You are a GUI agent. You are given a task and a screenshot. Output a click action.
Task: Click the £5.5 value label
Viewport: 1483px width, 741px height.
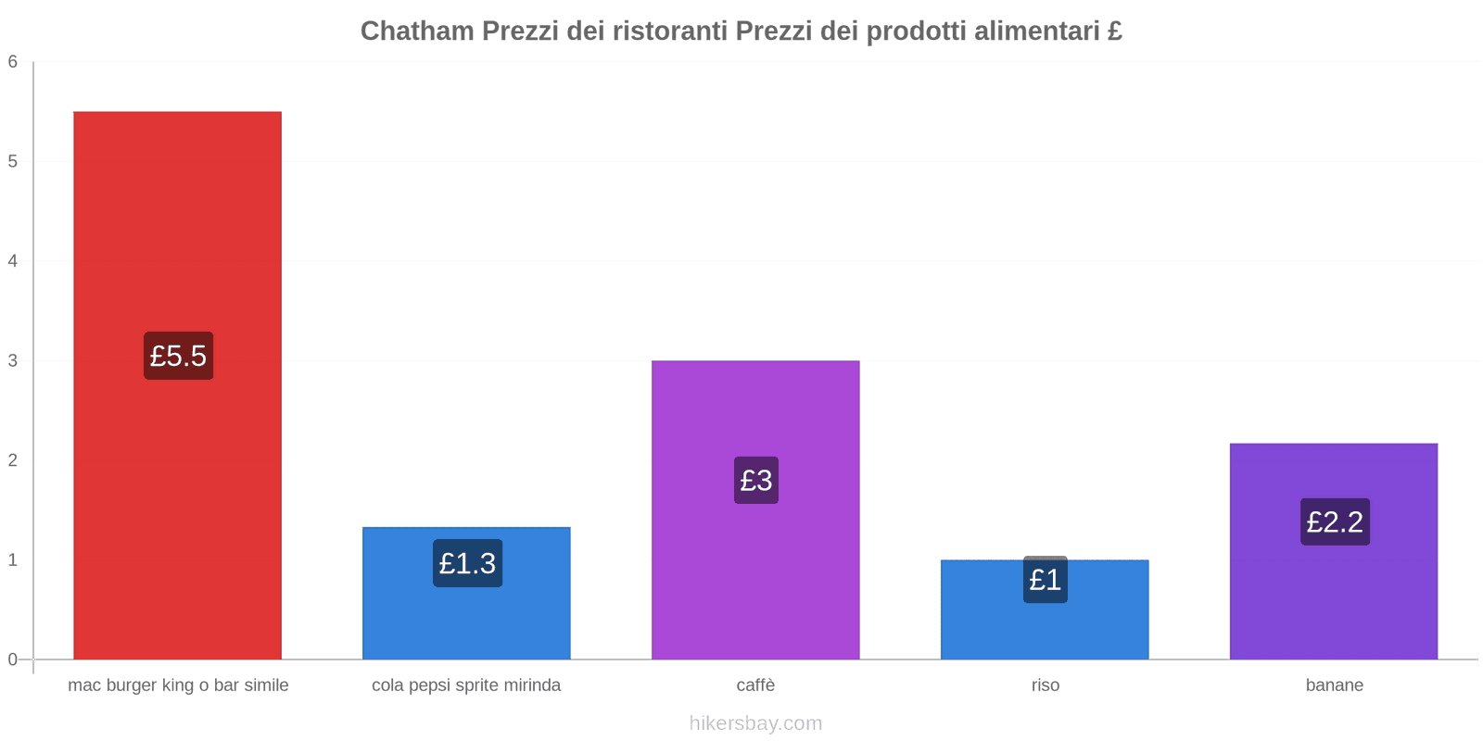178,356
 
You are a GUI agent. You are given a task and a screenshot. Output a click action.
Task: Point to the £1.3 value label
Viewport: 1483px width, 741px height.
467,563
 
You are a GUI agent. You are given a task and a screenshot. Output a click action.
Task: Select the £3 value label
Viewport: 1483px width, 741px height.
756,480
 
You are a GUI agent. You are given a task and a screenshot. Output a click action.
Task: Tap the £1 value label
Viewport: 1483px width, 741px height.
1046,580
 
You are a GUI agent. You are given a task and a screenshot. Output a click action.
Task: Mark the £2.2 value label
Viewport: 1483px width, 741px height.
1335,521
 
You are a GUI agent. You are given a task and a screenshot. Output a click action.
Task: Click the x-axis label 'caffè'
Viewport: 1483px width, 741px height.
755,685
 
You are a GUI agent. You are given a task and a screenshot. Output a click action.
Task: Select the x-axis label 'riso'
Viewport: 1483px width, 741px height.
1045,685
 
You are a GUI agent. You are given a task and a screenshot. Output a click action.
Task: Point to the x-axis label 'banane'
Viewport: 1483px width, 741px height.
1334,685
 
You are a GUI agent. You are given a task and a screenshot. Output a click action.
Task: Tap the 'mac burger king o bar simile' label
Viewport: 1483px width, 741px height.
178,685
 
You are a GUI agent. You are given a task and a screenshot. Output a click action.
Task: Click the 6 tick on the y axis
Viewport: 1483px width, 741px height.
13,62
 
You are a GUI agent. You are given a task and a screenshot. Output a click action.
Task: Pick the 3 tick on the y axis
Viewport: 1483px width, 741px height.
13,361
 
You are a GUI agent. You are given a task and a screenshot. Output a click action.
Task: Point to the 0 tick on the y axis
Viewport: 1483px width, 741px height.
13,659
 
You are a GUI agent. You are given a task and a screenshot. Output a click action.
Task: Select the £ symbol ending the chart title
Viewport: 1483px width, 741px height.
1115,31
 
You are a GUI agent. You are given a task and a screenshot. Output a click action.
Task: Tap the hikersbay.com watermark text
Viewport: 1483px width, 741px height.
755,723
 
